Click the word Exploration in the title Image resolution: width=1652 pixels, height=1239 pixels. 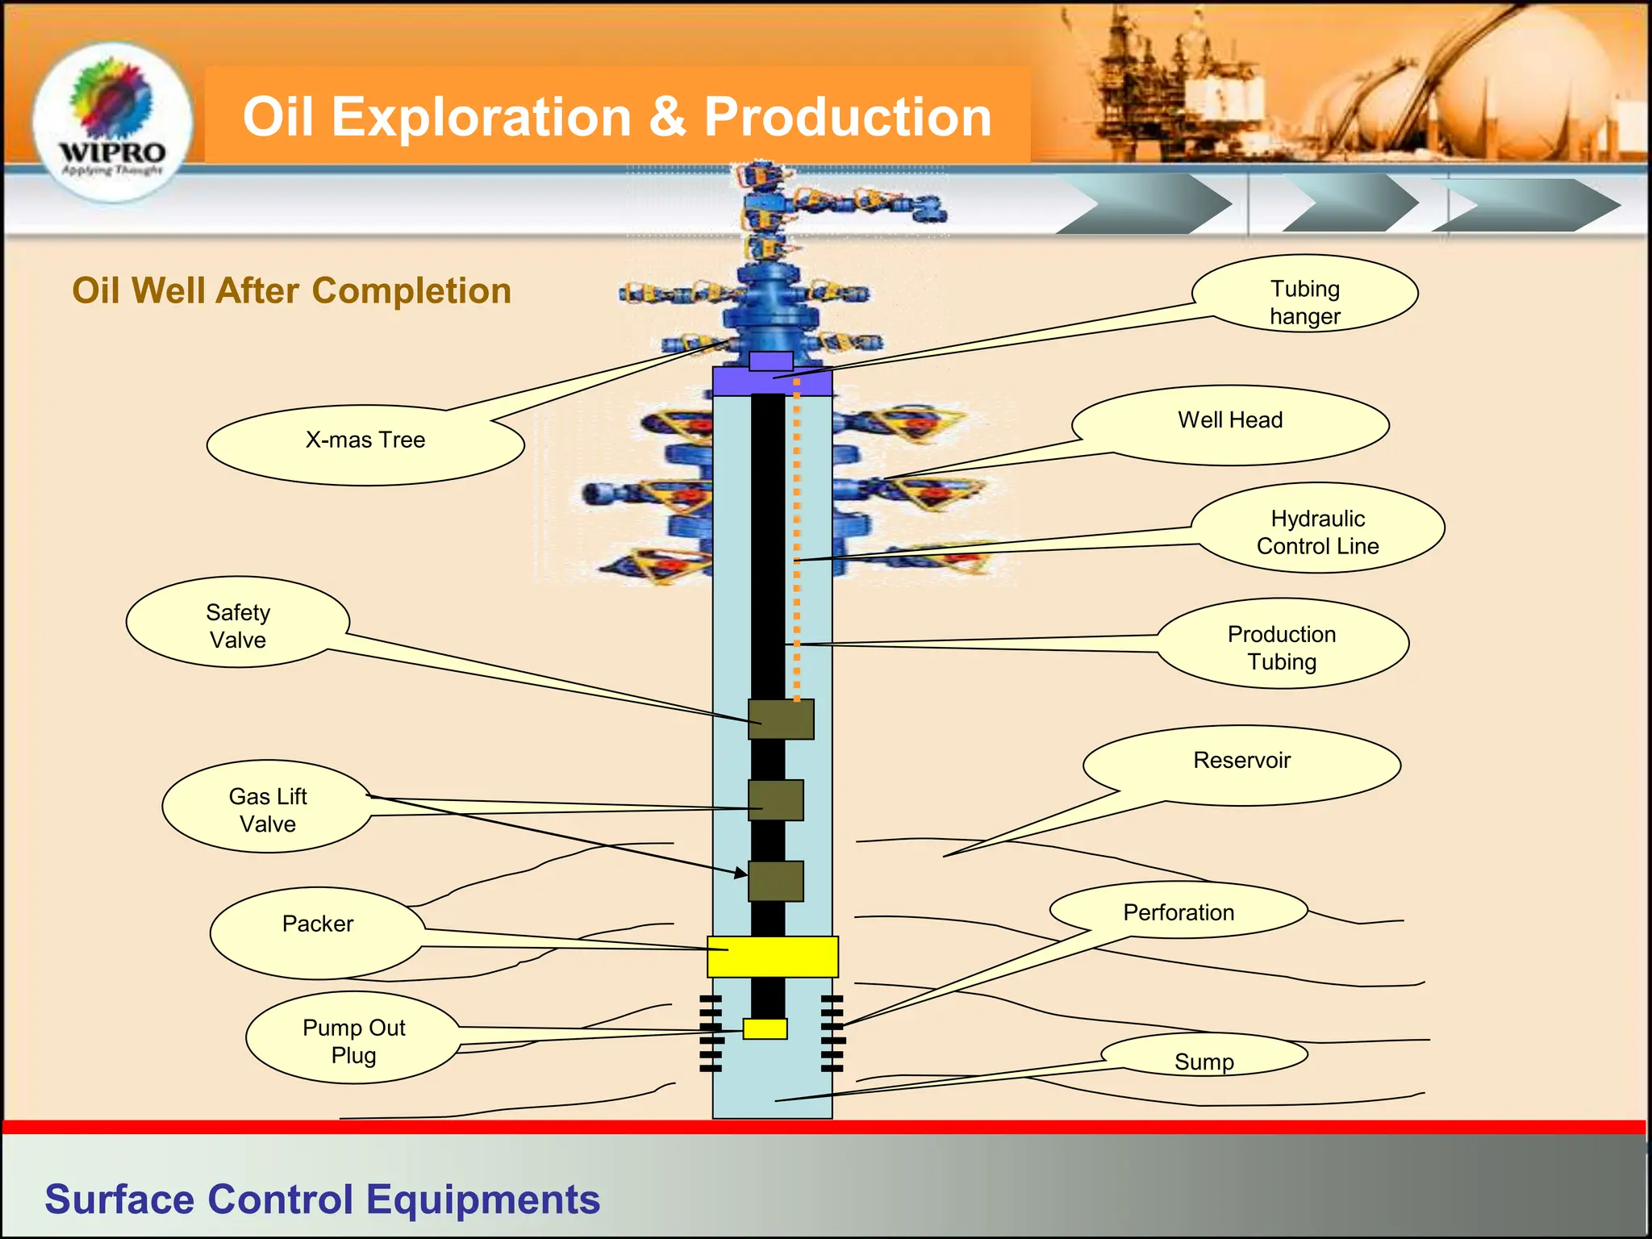(x=481, y=117)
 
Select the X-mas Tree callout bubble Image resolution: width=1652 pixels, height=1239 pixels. (x=365, y=442)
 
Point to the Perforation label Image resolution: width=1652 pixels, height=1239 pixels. (x=1179, y=912)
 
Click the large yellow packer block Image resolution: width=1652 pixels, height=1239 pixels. (x=773, y=957)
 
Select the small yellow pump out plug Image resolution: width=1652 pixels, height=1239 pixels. (x=765, y=1028)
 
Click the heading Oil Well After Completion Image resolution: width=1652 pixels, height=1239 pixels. (x=291, y=290)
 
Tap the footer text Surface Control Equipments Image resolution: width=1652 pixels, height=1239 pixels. (x=322, y=1199)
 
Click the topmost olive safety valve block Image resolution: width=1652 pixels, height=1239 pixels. (x=781, y=719)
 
